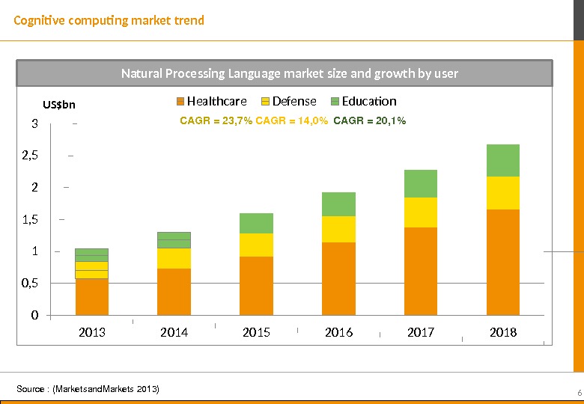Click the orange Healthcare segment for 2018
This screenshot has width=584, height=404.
[503, 262]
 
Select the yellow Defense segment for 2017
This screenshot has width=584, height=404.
[421, 212]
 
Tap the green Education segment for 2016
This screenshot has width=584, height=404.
[338, 204]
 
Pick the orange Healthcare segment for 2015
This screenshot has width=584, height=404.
[256, 285]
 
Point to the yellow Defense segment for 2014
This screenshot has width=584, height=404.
[174, 258]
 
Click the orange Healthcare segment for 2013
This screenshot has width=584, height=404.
[92, 296]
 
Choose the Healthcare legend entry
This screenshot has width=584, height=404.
[211, 101]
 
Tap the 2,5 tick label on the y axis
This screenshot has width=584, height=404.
[30, 156]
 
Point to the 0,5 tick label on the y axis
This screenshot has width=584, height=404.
[30, 283]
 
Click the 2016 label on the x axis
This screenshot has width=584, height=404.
[338, 332]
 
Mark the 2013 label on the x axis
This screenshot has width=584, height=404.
[92, 332]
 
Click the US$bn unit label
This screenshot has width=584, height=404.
[59, 105]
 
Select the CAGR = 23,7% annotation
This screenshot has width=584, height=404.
[216, 120]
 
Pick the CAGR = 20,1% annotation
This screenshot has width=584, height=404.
[369, 120]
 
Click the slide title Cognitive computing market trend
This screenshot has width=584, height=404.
[109, 20]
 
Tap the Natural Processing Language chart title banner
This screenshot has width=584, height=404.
[289, 73]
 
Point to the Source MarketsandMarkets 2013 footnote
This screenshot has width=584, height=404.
[88, 389]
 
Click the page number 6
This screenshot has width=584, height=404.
[579, 394]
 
